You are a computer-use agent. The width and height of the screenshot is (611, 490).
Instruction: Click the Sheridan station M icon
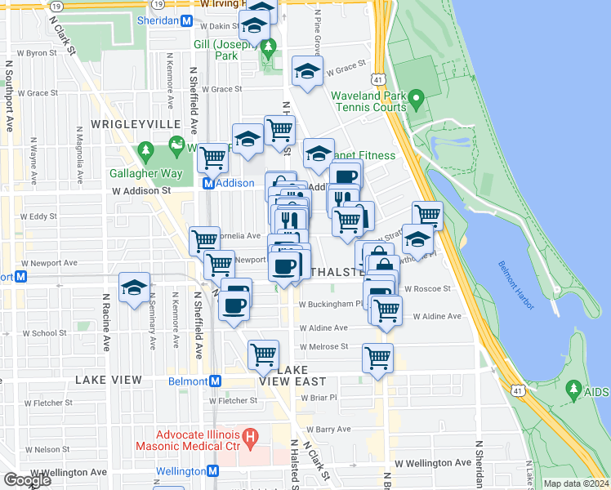coord(187,20)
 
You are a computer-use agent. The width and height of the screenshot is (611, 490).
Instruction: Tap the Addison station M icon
coord(208,184)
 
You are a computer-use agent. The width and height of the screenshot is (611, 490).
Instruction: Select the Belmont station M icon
coord(216,381)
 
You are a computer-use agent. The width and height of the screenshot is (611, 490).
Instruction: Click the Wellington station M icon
coord(213,471)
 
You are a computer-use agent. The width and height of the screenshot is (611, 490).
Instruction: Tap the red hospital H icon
coord(251,439)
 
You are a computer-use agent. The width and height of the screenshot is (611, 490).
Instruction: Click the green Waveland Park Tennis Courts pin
coord(416,101)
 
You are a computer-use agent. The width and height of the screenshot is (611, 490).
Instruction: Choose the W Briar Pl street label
coord(319,398)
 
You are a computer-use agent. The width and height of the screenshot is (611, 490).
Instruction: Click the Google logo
coord(27,480)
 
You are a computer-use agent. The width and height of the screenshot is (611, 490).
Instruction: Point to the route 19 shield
coord(54,5)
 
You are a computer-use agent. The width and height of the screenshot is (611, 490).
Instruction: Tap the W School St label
coord(45,333)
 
